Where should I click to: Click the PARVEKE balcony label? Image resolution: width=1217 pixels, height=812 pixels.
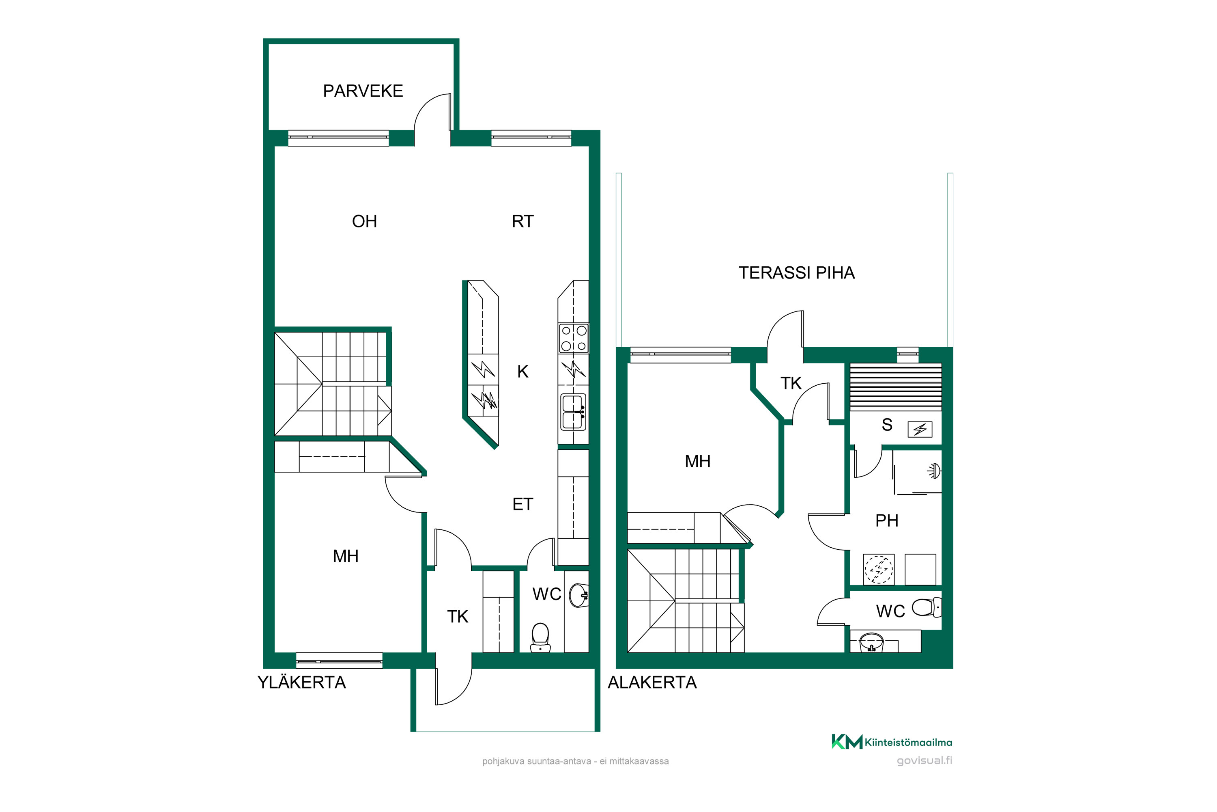[x=363, y=91]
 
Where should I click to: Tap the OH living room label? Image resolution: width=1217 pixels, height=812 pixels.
[x=364, y=222]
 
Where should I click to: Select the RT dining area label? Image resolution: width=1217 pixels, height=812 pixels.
[x=522, y=222]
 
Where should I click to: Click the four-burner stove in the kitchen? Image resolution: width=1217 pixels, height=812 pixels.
[x=573, y=338]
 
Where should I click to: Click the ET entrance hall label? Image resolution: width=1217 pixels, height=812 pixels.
[x=522, y=504]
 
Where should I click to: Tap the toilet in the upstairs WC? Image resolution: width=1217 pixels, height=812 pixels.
[x=540, y=637]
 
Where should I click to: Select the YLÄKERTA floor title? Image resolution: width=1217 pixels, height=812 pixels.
[x=302, y=682]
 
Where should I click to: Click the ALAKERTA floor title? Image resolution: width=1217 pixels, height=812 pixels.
[x=652, y=682]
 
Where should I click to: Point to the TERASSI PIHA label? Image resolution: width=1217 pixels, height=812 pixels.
[x=796, y=273]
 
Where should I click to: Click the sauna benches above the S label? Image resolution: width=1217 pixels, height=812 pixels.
[x=896, y=387]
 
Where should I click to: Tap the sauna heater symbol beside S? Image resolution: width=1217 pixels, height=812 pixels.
[x=920, y=429]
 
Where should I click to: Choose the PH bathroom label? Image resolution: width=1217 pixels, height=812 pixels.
[x=886, y=521]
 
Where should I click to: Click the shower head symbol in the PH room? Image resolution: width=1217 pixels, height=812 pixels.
[x=934, y=471]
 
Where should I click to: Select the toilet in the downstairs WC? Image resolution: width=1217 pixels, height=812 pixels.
[x=926, y=607]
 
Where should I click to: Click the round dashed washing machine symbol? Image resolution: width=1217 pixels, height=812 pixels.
[x=879, y=570]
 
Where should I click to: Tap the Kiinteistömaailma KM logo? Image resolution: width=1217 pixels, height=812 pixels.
[x=892, y=742]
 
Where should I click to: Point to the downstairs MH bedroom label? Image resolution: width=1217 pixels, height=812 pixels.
[x=697, y=461]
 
